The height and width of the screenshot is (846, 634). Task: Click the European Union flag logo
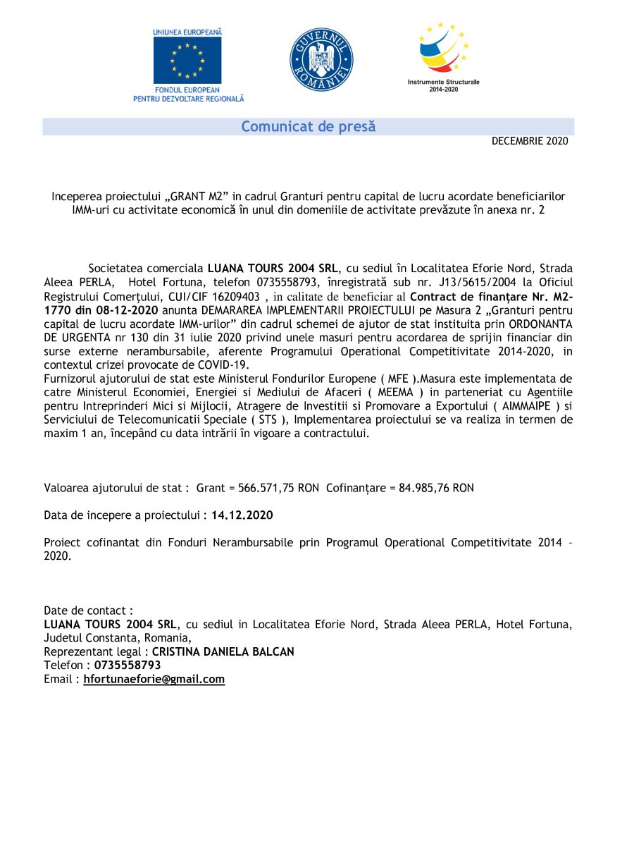click(x=187, y=60)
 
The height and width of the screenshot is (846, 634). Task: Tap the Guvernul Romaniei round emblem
click(x=321, y=59)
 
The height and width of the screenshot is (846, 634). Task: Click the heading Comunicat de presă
click(x=308, y=127)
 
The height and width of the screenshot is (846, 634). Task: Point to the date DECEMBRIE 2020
click(x=529, y=141)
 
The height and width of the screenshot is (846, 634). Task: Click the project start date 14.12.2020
click(x=242, y=515)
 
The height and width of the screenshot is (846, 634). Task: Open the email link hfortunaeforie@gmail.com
click(x=154, y=680)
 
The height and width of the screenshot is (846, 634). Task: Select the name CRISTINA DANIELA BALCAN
click(x=223, y=652)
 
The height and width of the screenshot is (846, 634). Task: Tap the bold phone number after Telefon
click(x=128, y=666)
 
